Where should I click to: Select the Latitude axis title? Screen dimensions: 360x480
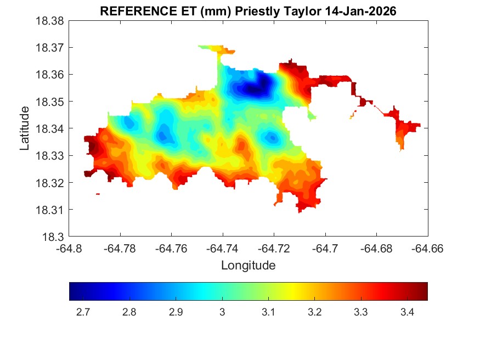click(24, 128)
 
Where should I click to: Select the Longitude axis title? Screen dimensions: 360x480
click(248, 266)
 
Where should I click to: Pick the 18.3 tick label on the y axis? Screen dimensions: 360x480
click(55, 237)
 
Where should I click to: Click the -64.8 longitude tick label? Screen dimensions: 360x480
click(69, 249)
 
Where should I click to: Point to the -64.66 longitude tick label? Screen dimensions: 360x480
click(428, 249)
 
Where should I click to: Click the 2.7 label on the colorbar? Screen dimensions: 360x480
click(83, 312)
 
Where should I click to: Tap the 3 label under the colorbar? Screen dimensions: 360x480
click(222, 312)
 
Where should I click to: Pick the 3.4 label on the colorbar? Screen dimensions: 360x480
click(406, 312)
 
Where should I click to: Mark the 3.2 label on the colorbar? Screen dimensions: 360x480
click(314, 312)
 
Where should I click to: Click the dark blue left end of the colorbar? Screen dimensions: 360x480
click(72, 291)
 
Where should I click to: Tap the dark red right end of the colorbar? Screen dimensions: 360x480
click(425, 291)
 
